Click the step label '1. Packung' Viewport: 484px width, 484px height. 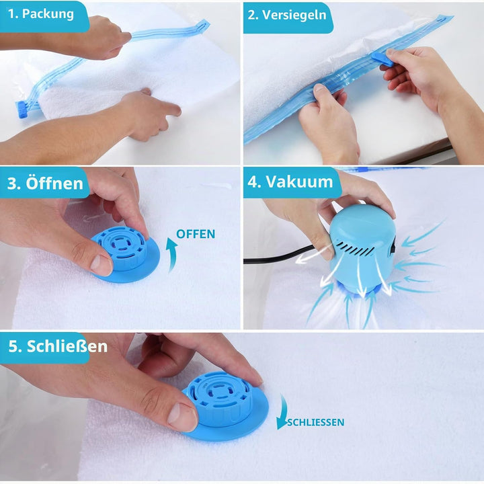(41, 14)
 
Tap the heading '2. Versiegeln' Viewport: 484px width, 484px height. (287, 15)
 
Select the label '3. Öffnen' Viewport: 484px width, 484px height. (45, 183)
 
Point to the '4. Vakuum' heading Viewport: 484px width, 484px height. (290, 182)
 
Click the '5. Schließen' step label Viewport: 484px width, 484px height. (58, 346)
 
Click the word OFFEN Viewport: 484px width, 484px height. (196, 234)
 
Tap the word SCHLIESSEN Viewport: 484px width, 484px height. (315, 422)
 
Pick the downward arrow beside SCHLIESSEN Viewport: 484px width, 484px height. (282, 412)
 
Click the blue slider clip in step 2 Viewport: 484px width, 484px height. (382, 59)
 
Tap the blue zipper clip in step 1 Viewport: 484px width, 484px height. (24, 110)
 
